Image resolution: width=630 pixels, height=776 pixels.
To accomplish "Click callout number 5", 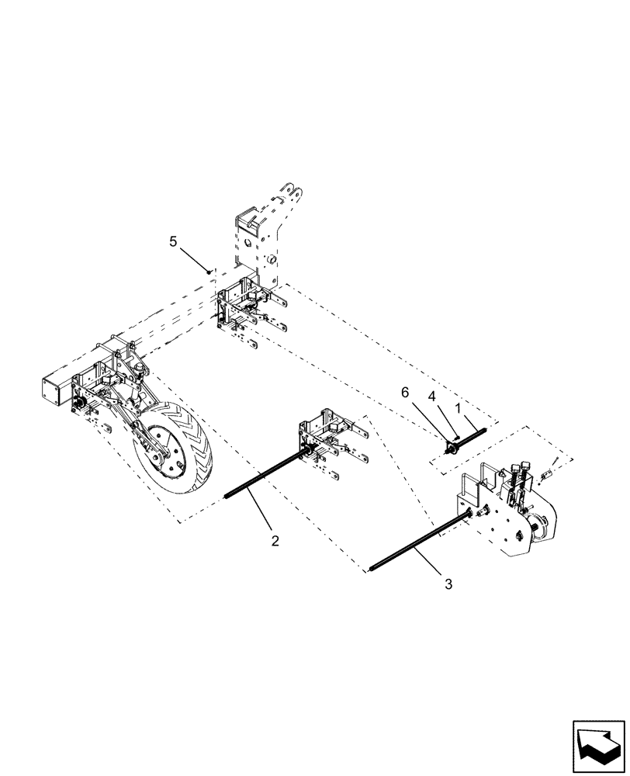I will (x=174, y=241).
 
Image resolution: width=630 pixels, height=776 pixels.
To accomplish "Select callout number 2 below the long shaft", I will (x=275, y=541).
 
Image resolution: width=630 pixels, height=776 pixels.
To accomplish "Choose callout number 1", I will (x=458, y=406).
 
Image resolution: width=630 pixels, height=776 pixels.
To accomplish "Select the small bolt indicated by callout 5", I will (x=209, y=271).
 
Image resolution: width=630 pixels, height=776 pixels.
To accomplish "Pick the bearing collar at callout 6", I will (x=451, y=449).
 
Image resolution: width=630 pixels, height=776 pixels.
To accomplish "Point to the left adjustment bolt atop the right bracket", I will (x=517, y=469).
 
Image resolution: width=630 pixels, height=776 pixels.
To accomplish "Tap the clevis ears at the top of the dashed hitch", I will (x=292, y=190).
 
